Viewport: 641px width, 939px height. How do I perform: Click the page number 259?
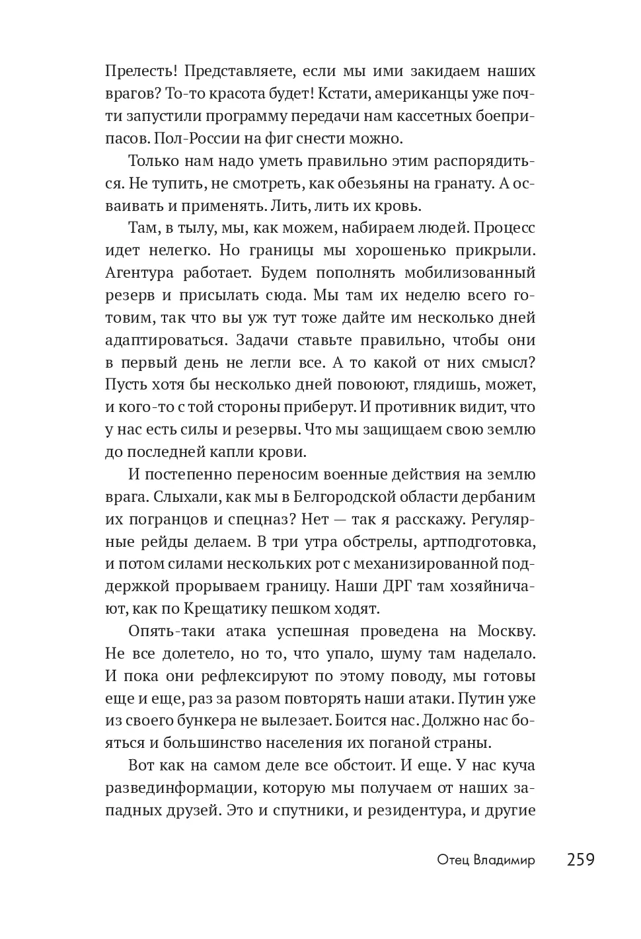coord(581,860)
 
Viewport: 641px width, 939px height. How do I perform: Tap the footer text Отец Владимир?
coord(486,860)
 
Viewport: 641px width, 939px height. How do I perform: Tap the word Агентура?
coord(139,272)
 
